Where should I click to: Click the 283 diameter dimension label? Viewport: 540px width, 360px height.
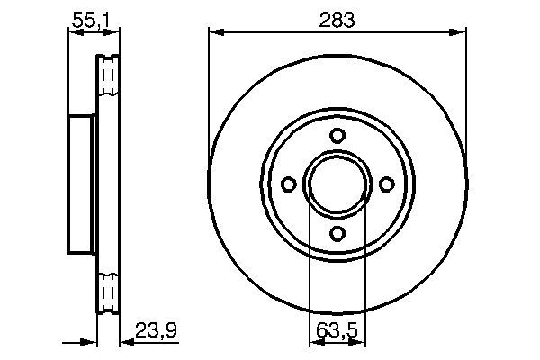(337, 20)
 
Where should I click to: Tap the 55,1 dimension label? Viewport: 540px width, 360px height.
(91, 21)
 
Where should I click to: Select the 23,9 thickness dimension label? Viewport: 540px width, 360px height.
(156, 330)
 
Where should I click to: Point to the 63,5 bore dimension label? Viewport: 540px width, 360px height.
(337, 331)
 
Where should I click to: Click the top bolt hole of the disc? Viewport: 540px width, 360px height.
(337, 135)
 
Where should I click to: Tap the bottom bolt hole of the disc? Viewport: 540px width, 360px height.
(337, 234)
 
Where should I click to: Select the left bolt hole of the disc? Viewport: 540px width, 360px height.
(289, 184)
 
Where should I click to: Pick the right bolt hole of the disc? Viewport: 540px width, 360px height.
(387, 184)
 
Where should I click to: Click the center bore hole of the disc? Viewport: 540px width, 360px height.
(337, 184)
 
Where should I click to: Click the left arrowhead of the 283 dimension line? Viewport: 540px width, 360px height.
(217, 32)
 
